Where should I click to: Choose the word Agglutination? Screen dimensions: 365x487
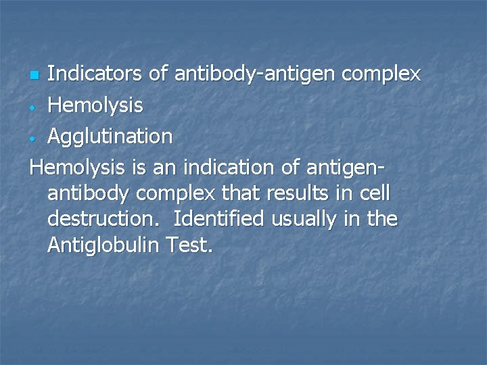110,137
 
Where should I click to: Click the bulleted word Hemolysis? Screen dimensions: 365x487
95,105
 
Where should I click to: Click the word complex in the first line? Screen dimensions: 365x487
381,73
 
